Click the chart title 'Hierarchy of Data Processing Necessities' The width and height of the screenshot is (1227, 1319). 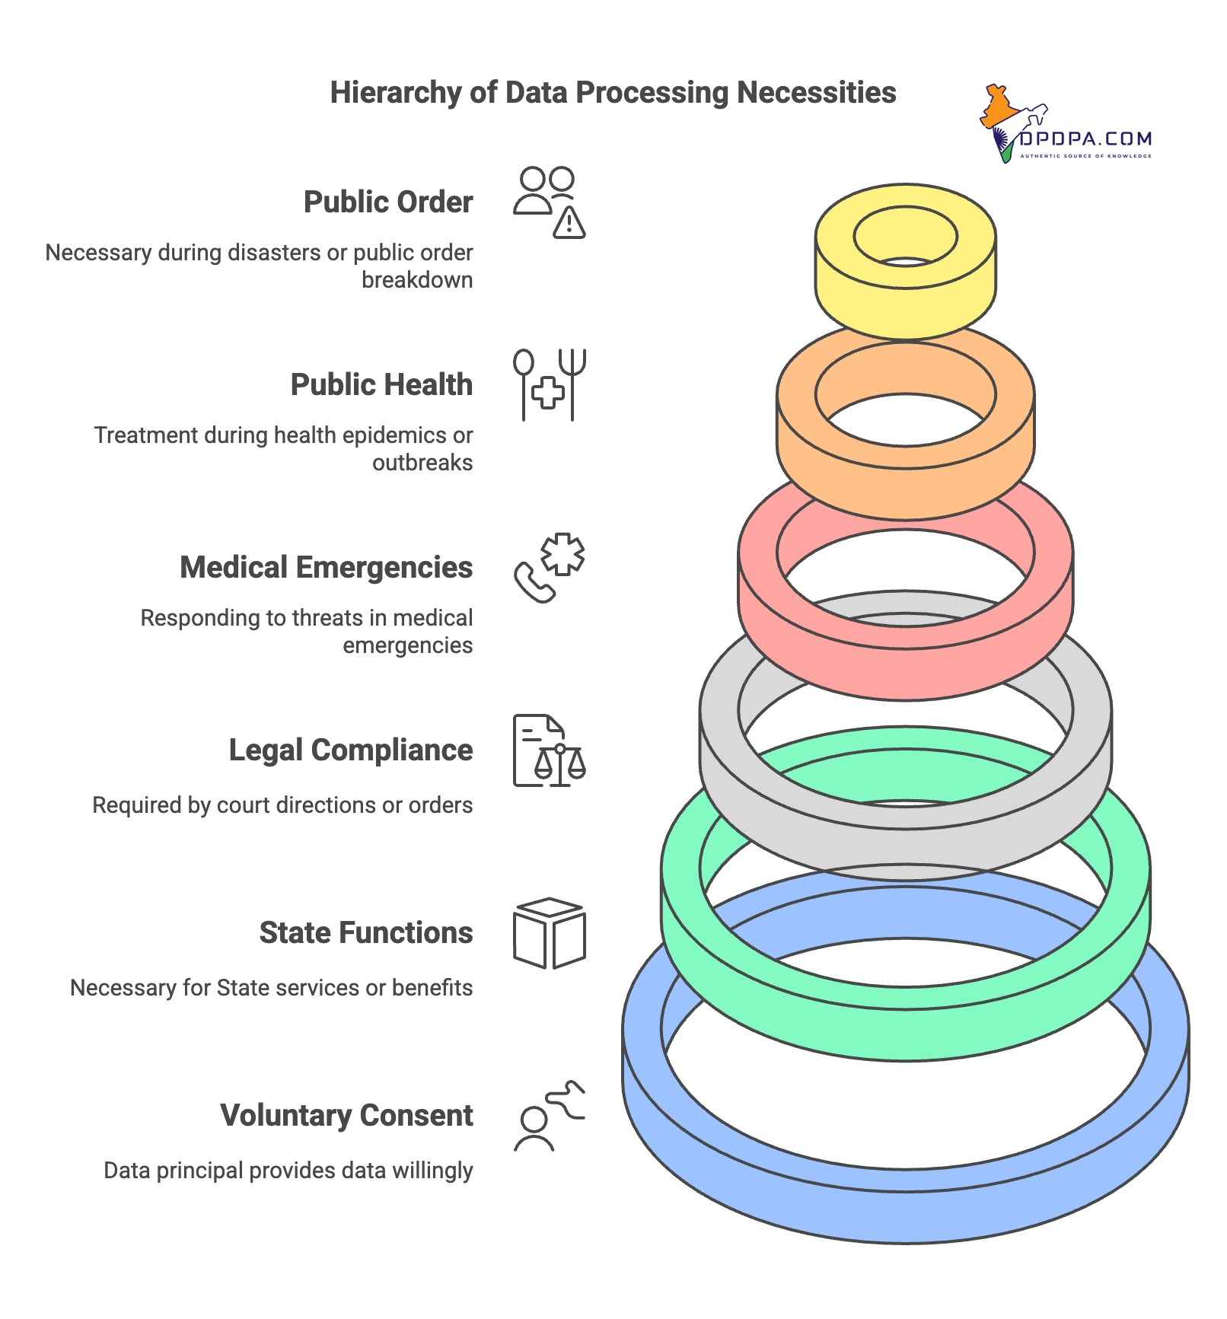coord(613,93)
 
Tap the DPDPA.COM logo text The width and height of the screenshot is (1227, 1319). coord(1085,139)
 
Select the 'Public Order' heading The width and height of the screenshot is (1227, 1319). coord(388,202)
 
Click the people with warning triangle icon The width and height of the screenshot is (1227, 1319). coord(549,202)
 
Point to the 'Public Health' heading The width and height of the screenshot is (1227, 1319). coord(381,385)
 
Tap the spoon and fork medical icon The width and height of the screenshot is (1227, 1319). coord(549,385)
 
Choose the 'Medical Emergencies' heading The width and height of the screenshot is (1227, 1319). coord(326,568)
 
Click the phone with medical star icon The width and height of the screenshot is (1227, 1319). coord(549,568)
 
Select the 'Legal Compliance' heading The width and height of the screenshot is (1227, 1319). coord(351,750)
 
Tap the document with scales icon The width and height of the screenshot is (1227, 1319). coord(549,750)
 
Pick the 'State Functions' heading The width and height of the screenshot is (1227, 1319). coord(366,933)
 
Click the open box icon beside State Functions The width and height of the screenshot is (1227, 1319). coord(549,933)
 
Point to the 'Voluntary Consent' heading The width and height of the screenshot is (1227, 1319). coord(346,1116)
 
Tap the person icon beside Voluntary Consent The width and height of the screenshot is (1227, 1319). coord(549,1116)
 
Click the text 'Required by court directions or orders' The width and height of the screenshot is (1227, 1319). coord(282,805)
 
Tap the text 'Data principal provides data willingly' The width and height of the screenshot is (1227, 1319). coord(288,1171)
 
